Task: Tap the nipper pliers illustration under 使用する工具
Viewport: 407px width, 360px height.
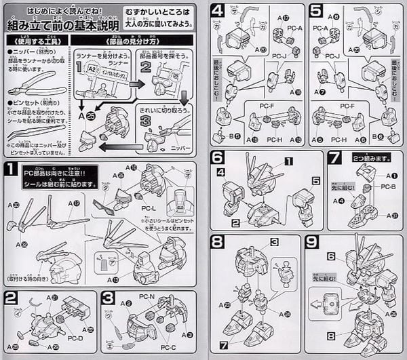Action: click(x=34, y=87)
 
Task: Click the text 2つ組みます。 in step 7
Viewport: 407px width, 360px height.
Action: click(x=370, y=157)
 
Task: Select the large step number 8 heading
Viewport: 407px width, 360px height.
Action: click(x=217, y=241)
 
